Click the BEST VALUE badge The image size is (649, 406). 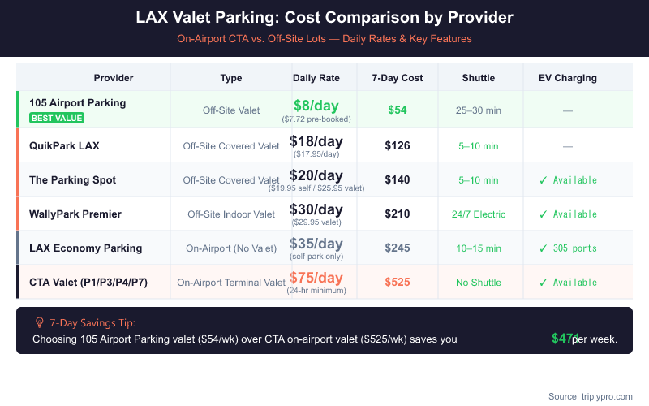(x=57, y=118)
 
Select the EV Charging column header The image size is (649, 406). (x=568, y=78)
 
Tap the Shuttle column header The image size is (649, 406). (x=479, y=78)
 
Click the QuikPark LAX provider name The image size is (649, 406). (x=64, y=146)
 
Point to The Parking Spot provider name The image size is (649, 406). (x=72, y=180)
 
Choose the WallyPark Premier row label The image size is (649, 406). (x=75, y=214)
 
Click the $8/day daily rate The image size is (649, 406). (x=316, y=105)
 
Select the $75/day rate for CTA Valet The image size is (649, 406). (x=316, y=278)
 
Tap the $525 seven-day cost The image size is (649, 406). (x=398, y=283)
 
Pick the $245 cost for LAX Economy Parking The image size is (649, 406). (x=398, y=248)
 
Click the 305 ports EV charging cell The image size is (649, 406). (x=567, y=248)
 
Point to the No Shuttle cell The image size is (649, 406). (x=479, y=283)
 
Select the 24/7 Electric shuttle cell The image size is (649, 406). (x=479, y=214)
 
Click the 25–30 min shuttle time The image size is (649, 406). (x=479, y=110)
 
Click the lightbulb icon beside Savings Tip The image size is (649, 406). (x=39, y=322)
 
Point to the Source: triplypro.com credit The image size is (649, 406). (x=590, y=396)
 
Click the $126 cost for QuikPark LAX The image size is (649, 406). (x=398, y=146)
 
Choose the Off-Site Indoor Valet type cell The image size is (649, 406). (x=231, y=214)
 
